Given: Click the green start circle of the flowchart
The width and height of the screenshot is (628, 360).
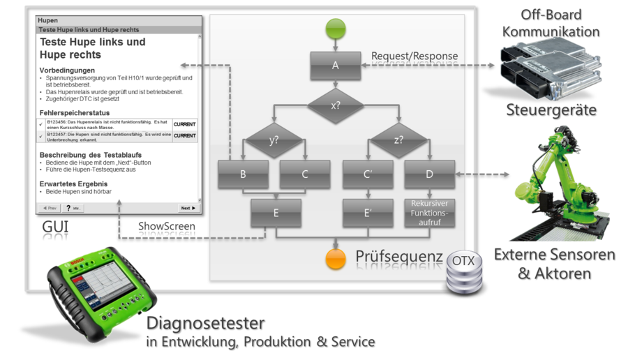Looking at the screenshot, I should [336, 29].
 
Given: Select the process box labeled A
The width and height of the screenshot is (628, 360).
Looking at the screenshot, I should [336, 66].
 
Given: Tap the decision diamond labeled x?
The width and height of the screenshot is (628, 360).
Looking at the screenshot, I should [336, 107].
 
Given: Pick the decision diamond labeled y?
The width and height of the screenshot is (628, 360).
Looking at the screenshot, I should [274, 140].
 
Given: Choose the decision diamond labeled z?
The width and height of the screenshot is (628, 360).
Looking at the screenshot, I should [398, 140].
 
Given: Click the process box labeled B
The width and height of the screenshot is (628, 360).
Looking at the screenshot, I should [243, 175].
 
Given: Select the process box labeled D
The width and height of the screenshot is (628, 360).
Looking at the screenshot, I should [429, 175].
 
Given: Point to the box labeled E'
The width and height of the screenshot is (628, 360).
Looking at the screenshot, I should [367, 213].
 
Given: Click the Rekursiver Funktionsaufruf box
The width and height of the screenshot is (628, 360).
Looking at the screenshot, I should [429, 213].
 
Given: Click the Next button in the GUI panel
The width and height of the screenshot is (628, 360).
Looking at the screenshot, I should [187, 208].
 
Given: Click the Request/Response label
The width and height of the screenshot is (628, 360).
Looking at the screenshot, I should [414, 56].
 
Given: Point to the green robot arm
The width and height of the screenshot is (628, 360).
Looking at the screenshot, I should [558, 174].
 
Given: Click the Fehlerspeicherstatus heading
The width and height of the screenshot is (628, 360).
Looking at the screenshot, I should [75, 112].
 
